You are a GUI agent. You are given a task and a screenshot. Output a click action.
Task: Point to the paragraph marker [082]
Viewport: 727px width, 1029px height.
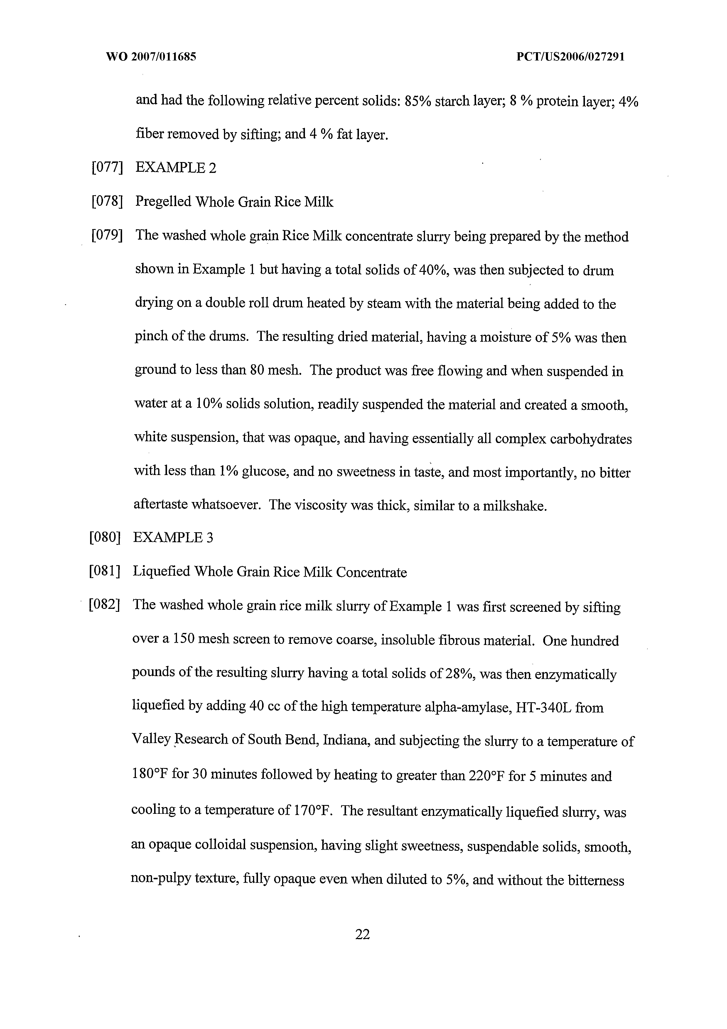(x=104, y=605)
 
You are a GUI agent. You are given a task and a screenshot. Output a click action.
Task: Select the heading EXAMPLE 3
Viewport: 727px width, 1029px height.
(x=173, y=537)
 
